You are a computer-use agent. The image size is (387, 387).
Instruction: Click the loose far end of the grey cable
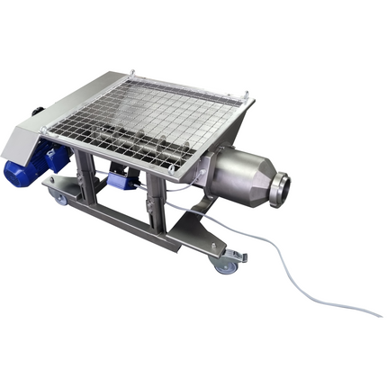click(379, 314)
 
